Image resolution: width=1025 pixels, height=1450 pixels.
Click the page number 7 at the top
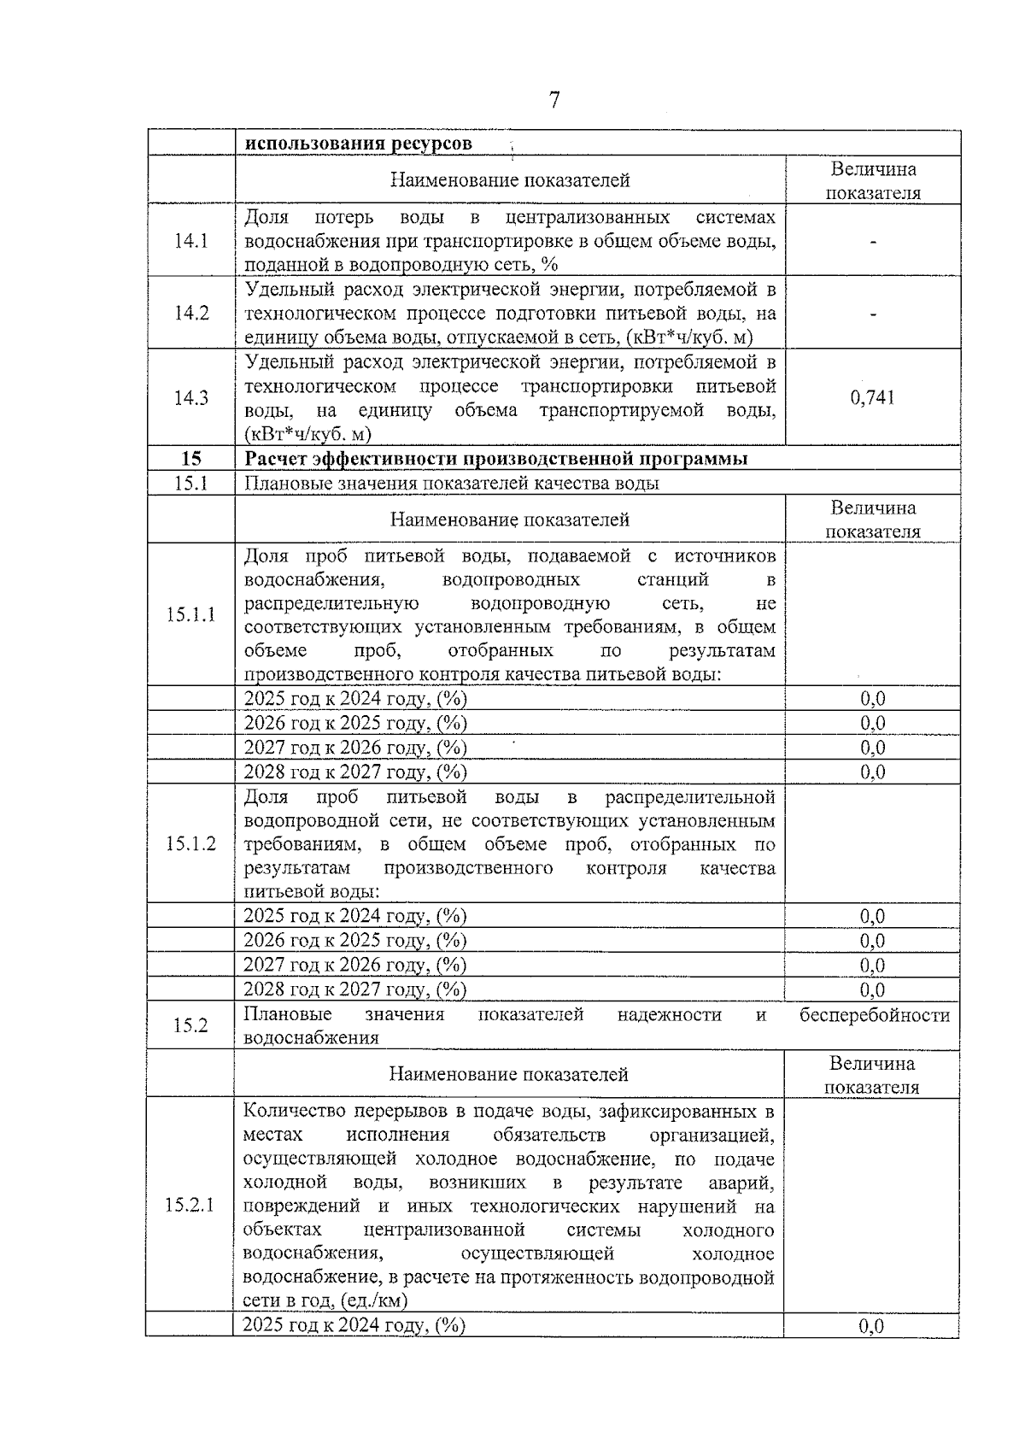click(554, 101)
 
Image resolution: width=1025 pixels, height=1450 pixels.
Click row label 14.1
click(191, 240)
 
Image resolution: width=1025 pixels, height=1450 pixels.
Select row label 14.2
click(191, 313)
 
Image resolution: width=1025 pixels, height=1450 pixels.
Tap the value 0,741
click(872, 397)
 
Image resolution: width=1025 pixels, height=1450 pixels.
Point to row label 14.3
click(191, 397)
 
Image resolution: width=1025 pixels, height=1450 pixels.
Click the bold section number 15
click(191, 459)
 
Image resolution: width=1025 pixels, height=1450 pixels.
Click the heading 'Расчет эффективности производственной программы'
click(496, 459)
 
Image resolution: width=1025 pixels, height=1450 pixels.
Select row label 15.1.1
click(190, 614)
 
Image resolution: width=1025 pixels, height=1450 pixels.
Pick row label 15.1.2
click(190, 844)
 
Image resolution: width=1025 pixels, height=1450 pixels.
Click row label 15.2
click(190, 1025)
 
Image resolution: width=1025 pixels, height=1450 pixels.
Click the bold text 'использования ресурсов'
click(358, 144)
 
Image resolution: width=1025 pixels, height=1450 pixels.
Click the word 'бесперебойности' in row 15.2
click(874, 1015)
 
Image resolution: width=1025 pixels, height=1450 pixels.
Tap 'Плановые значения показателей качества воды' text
click(452, 484)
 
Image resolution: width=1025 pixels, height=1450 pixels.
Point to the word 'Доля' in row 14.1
click(266, 217)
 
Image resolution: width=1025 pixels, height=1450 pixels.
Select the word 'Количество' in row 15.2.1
click(290, 1112)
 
